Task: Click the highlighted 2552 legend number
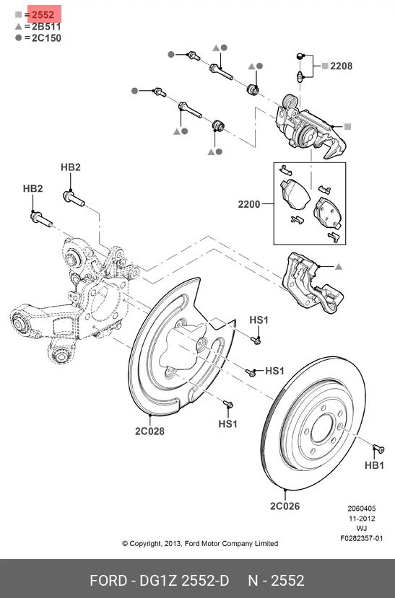[x=43, y=15]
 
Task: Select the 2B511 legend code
[x=46, y=27]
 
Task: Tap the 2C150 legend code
[x=46, y=38]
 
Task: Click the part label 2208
[x=341, y=66]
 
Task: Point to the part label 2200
[x=249, y=204]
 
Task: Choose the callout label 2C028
[x=149, y=431]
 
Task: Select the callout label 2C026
[x=285, y=506]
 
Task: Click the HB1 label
[x=374, y=465]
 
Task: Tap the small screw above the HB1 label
[x=378, y=449]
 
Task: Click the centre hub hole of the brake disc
[x=323, y=428]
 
